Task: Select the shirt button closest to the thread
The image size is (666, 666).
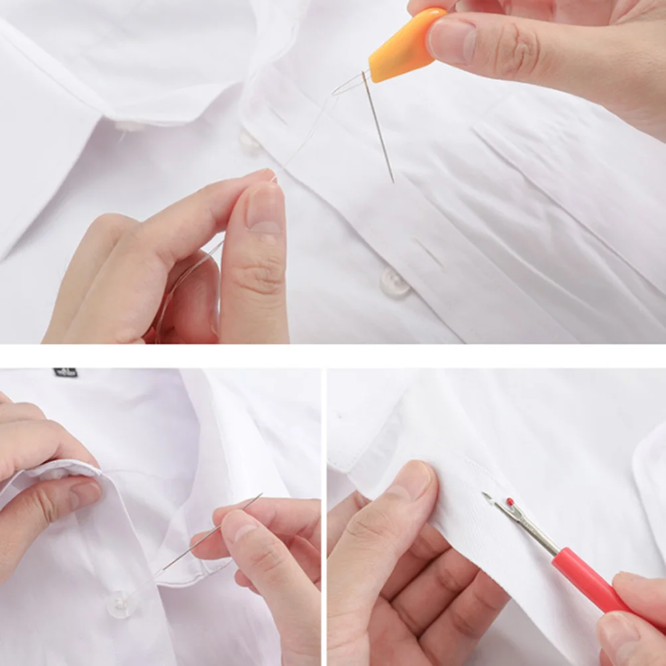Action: tap(249, 140)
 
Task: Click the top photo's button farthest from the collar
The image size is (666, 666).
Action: tap(395, 282)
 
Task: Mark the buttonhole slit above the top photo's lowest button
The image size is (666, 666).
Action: tap(427, 253)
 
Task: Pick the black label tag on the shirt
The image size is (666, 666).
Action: tap(65, 372)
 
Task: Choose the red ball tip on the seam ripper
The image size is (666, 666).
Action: tap(510, 502)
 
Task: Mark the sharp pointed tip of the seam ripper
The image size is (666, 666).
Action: tap(485, 495)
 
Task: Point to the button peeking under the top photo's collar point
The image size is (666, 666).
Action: tap(128, 126)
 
